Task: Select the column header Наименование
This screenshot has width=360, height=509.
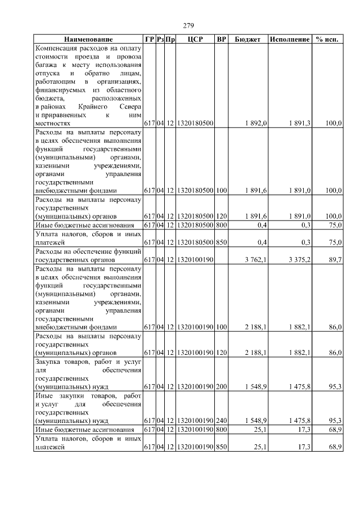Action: [x=88, y=40]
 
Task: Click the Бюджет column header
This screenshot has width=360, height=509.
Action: [x=247, y=40]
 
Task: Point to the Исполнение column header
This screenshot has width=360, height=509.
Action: [x=290, y=40]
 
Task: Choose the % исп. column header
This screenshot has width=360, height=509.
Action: [x=327, y=40]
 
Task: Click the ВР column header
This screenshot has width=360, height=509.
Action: [x=222, y=40]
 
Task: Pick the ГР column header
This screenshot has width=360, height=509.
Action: [x=149, y=40]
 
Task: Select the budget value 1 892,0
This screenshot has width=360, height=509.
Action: [x=256, y=123]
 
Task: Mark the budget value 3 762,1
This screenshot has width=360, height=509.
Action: [x=256, y=260]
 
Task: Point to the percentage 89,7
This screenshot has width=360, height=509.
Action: [x=334, y=260]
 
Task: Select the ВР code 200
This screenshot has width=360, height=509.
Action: [x=221, y=388]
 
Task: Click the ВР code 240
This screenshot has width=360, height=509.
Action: [x=221, y=420]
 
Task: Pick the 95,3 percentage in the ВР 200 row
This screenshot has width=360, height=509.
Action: [x=334, y=388]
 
